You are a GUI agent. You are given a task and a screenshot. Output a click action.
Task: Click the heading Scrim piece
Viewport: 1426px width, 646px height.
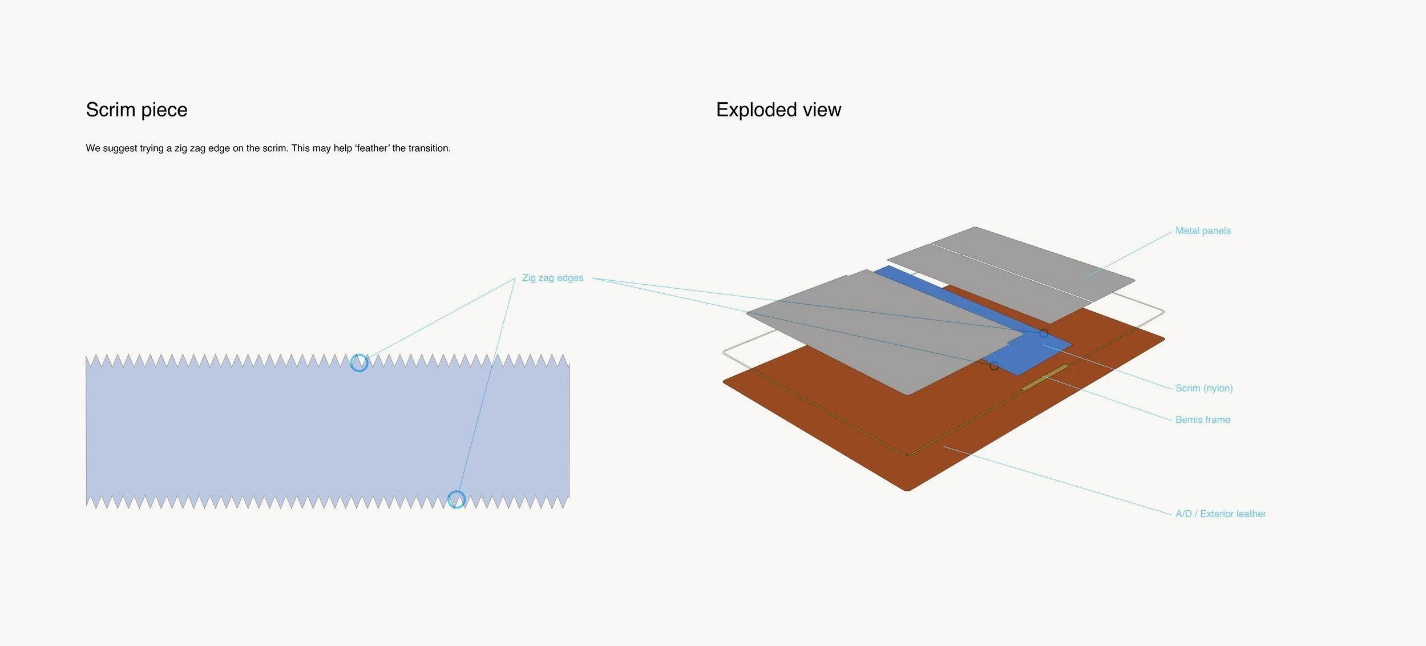(136, 110)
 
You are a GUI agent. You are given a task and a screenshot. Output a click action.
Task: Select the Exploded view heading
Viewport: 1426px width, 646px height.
(778, 110)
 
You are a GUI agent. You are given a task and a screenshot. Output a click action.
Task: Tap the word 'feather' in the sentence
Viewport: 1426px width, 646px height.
(372, 148)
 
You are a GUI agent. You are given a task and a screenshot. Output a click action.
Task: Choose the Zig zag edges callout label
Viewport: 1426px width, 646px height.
(552, 278)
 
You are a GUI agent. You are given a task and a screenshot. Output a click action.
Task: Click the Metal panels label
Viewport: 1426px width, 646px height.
(1203, 231)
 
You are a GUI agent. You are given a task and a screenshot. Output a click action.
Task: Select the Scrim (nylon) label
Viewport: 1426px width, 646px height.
(1204, 388)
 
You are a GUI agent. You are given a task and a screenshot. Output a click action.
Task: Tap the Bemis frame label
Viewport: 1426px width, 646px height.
(1202, 419)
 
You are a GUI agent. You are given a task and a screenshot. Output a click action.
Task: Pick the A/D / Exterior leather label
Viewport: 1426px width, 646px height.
(1221, 514)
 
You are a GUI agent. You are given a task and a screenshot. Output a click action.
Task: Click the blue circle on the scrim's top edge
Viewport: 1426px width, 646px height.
(359, 362)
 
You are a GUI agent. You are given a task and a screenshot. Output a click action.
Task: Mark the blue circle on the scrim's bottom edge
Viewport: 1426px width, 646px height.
(456, 499)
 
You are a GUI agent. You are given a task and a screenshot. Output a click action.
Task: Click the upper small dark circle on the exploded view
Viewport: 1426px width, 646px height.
(1044, 333)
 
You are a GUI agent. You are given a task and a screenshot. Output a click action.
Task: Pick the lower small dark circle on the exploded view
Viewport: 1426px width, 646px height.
(994, 366)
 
